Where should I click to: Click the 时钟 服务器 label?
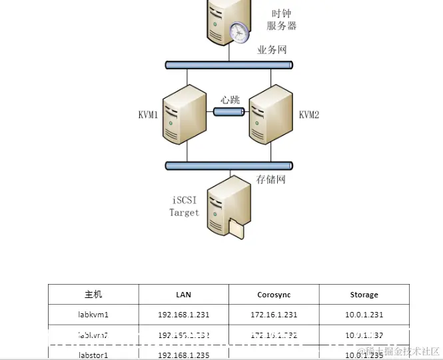click(281, 20)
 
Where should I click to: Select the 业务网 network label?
click(272, 51)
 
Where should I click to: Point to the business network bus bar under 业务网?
click(228, 65)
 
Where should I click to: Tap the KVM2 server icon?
click(270, 116)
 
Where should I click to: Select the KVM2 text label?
click(308, 115)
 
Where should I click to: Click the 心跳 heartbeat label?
click(230, 100)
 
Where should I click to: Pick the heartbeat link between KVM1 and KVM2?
click(228, 113)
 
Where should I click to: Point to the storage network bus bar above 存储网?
click(228, 165)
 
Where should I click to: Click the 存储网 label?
click(270, 179)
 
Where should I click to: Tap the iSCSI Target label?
click(184, 207)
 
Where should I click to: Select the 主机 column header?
click(93, 294)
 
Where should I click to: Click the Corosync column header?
click(274, 294)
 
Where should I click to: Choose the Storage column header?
click(364, 294)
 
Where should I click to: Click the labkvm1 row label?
click(93, 315)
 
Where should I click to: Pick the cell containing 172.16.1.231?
click(274, 315)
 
